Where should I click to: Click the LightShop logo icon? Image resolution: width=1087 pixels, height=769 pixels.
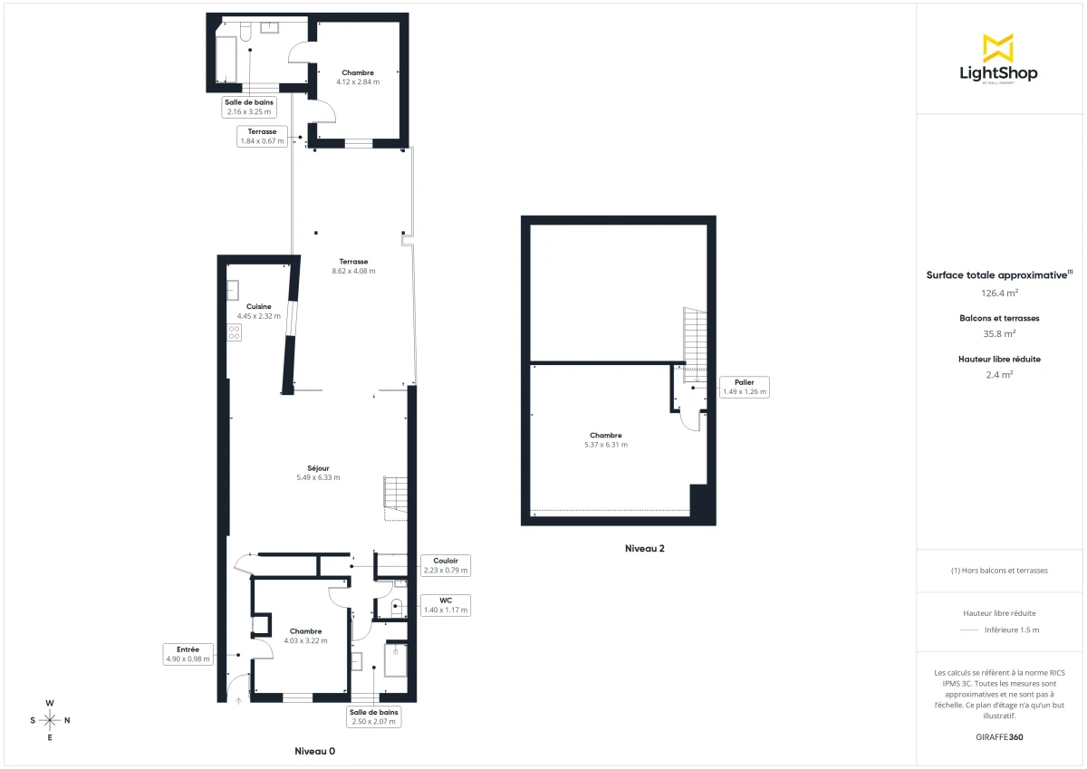coord(998,47)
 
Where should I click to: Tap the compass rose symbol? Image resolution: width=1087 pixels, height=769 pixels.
coord(50,720)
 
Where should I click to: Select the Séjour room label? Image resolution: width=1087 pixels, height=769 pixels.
coord(317,468)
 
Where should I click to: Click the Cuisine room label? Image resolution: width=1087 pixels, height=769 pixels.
coord(258,306)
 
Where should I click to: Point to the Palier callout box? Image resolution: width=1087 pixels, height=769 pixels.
coord(744,387)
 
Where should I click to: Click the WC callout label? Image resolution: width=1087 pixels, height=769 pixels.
coord(446,605)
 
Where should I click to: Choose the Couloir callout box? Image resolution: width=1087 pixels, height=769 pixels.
coord(446,565)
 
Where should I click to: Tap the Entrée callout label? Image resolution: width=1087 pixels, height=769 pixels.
coord(188,654)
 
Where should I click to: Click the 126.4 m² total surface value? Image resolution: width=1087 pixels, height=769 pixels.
coord(999,293)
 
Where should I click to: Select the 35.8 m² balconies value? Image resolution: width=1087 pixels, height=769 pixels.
coord(999,332)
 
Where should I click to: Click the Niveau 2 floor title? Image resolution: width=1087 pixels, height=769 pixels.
coord(645,548)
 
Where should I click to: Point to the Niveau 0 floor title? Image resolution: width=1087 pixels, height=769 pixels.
coord(315,752)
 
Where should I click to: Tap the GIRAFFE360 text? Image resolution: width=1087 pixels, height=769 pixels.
coord(999,736)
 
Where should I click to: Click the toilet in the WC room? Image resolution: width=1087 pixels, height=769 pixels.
coord(397,606)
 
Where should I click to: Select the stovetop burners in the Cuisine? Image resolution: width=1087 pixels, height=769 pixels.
coord(234,332)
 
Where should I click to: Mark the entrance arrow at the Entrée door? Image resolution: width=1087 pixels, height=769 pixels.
coord(238,699)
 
